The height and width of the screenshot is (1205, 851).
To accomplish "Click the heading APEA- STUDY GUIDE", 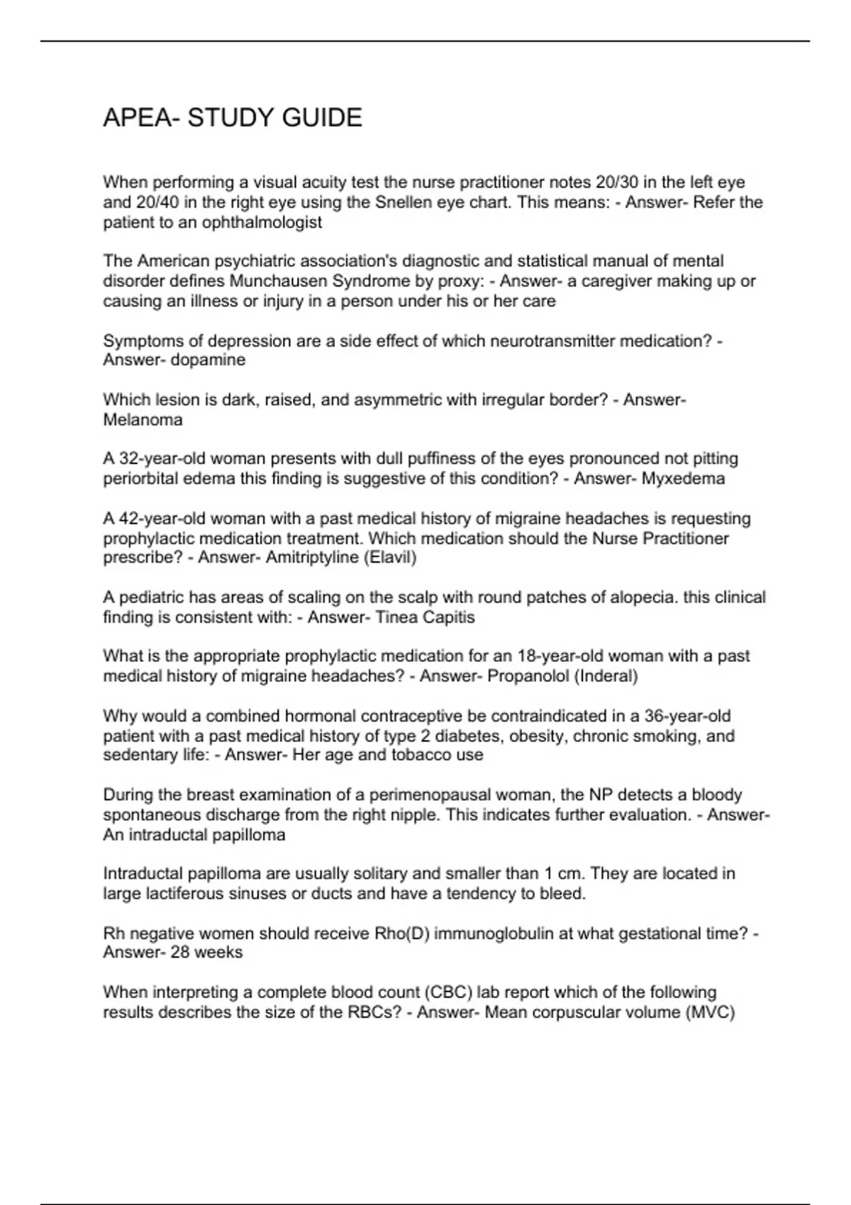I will (x=233, y=118).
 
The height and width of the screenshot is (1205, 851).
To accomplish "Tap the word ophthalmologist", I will (x=262, y=223).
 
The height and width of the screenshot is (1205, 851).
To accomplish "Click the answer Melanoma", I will (x=143, y=420).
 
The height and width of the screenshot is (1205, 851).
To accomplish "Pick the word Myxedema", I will (x=684, y=478).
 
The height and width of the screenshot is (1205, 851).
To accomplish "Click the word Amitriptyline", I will (x=312, y=557).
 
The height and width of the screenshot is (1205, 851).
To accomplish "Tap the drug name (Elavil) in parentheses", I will (x=390, y=557).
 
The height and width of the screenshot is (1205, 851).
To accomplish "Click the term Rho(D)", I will (x=401, y=934).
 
